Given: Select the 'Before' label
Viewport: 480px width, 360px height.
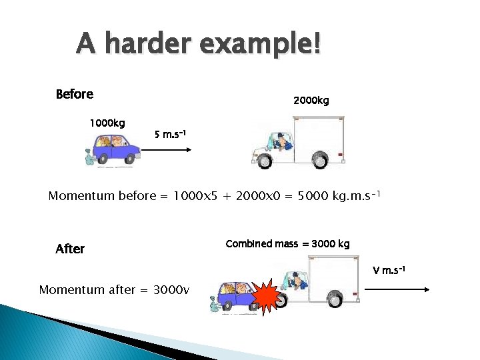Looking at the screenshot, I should pyautogui.click(x=75, y=95).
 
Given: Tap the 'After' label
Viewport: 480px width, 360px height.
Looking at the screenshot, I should pyautogui.click(x=70, y=249).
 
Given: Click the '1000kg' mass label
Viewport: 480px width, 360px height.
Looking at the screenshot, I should pyautogui.click(x=107, y=123).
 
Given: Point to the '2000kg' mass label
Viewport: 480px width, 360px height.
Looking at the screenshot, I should pyautogui.click(x=311, y=101).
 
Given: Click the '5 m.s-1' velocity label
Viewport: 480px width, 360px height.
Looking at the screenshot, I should pyautogui.click(x=170, y=135).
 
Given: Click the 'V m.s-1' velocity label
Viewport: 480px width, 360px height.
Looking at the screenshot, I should pyautogui.click(x=389, y=271).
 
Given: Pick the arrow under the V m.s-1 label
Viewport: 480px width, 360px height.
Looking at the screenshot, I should pyautogui.click(x=396, y=289).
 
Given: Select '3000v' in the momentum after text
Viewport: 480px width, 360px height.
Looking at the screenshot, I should pyautogui.click(x=171, y=290).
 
